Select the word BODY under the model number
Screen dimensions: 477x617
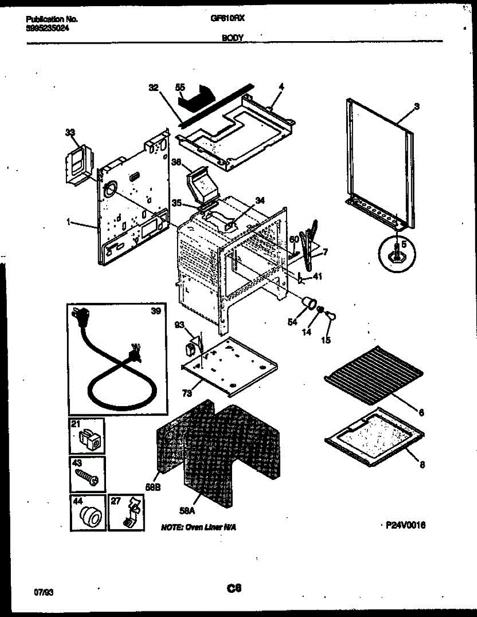point(233,37)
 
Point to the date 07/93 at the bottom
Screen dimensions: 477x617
point(44,592)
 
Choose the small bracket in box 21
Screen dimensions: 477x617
point(90,439)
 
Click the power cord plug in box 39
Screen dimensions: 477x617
point(80,315)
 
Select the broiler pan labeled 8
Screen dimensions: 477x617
point(375,432)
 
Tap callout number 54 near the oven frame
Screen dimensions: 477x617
point(292,322)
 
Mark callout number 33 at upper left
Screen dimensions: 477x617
point(70,133)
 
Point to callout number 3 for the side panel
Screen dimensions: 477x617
point(416,107)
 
